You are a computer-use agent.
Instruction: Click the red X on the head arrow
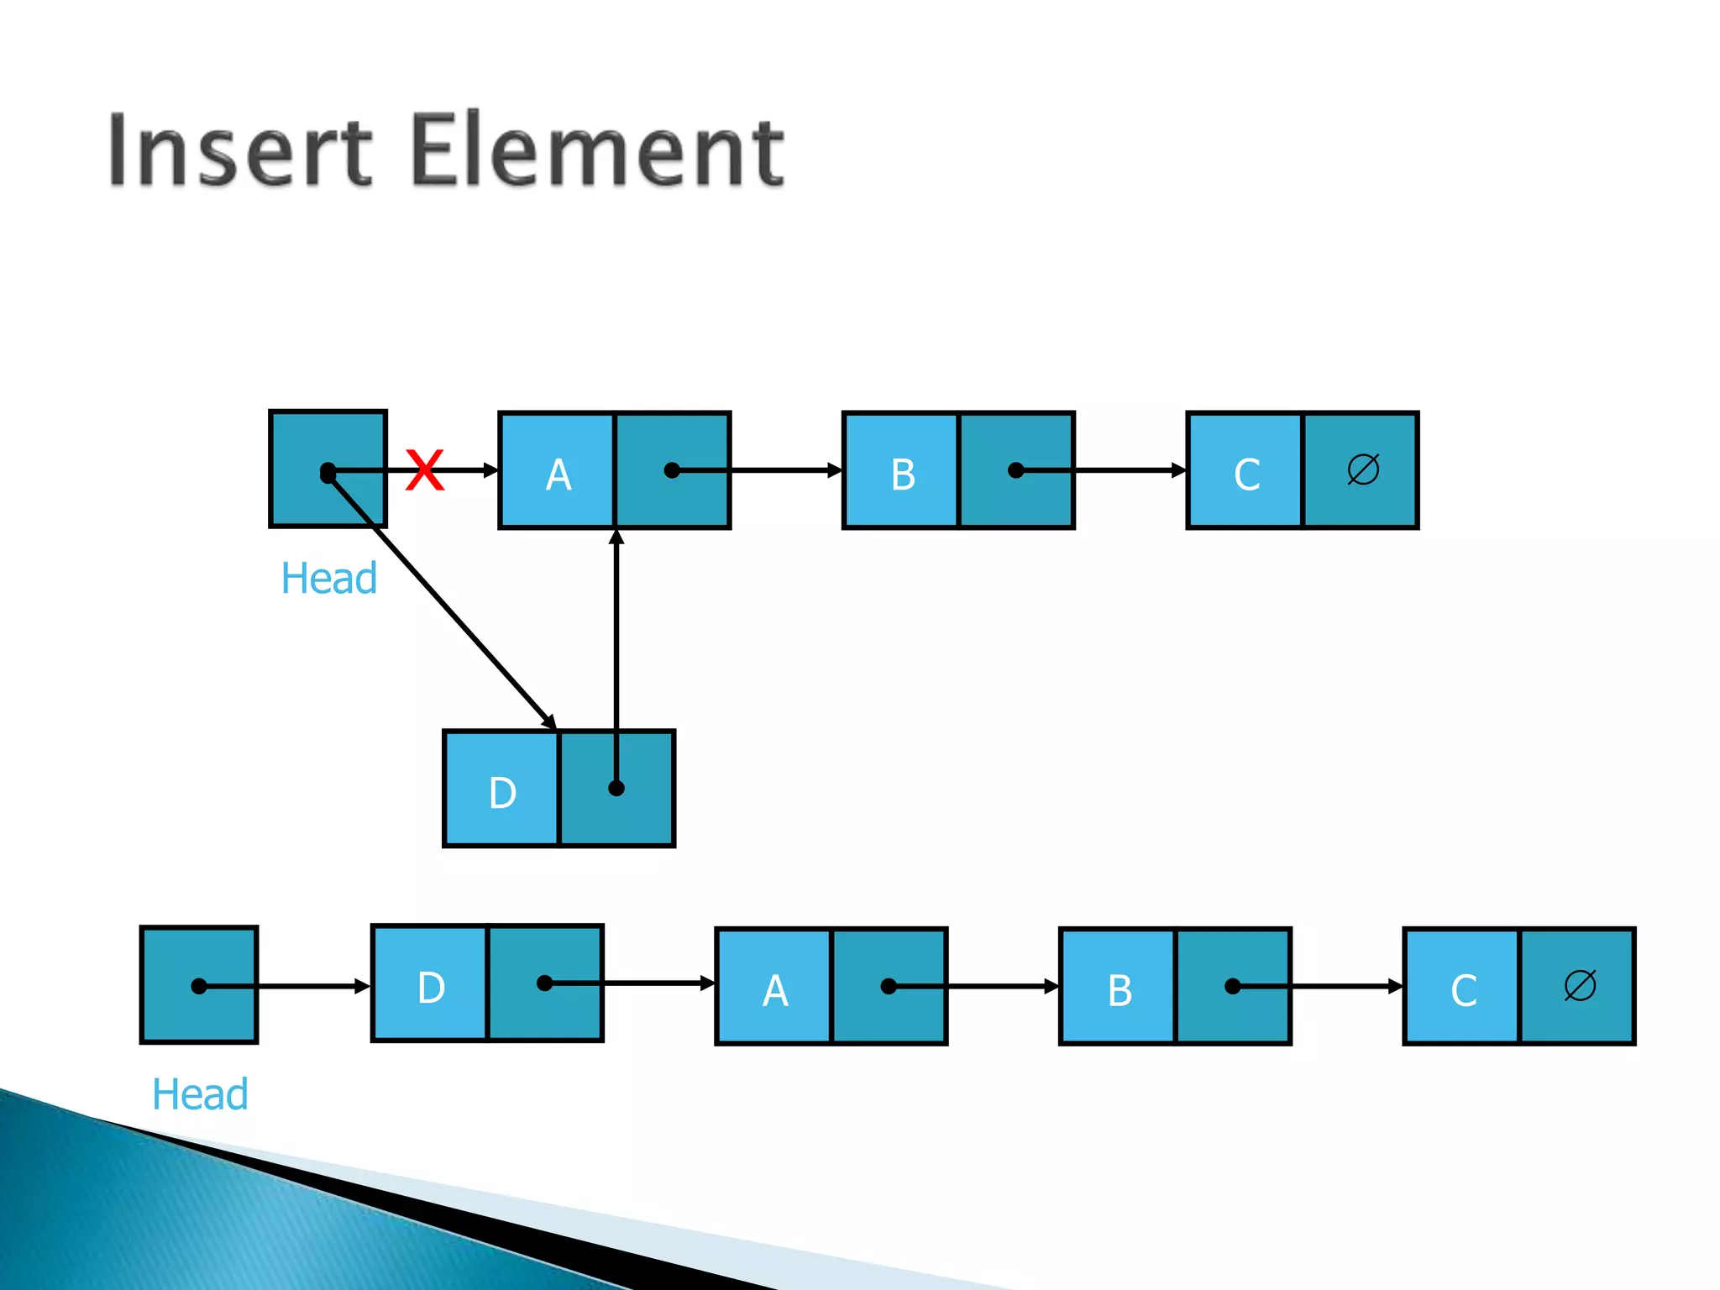tap(424, 469)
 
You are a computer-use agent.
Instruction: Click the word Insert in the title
tap(239, 151)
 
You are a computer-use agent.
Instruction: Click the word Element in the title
tap(598, 151)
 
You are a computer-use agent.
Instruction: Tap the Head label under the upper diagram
tap(328, 579)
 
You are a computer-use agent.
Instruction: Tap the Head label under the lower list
tap(200, 1094)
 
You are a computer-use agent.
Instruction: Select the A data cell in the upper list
tap(558, 471)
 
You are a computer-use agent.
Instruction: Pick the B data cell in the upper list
tap(901, 471)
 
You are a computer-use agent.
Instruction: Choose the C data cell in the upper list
tap(1245, 471)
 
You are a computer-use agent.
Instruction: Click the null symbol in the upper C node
tap(1362, 469)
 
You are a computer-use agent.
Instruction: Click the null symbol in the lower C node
tap(1579, 985)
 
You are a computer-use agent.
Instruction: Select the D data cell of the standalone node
tap(501, 789)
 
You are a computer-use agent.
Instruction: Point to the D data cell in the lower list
tap(430, 984)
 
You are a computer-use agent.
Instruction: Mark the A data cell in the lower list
tap(774, 988)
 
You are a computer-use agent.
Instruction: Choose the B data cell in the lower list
tap(1119, 988)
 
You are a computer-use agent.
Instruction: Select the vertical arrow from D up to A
tap(616, 638)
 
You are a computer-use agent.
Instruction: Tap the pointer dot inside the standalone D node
tap(616, 788)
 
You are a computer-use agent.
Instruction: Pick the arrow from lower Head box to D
tap(311, 986)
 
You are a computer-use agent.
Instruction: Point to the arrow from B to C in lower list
tap(1335, 986)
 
